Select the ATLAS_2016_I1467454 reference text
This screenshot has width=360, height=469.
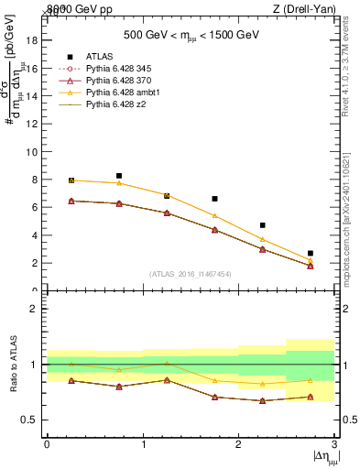tap(191, 274)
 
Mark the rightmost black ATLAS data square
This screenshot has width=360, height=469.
tap(311, 253)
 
